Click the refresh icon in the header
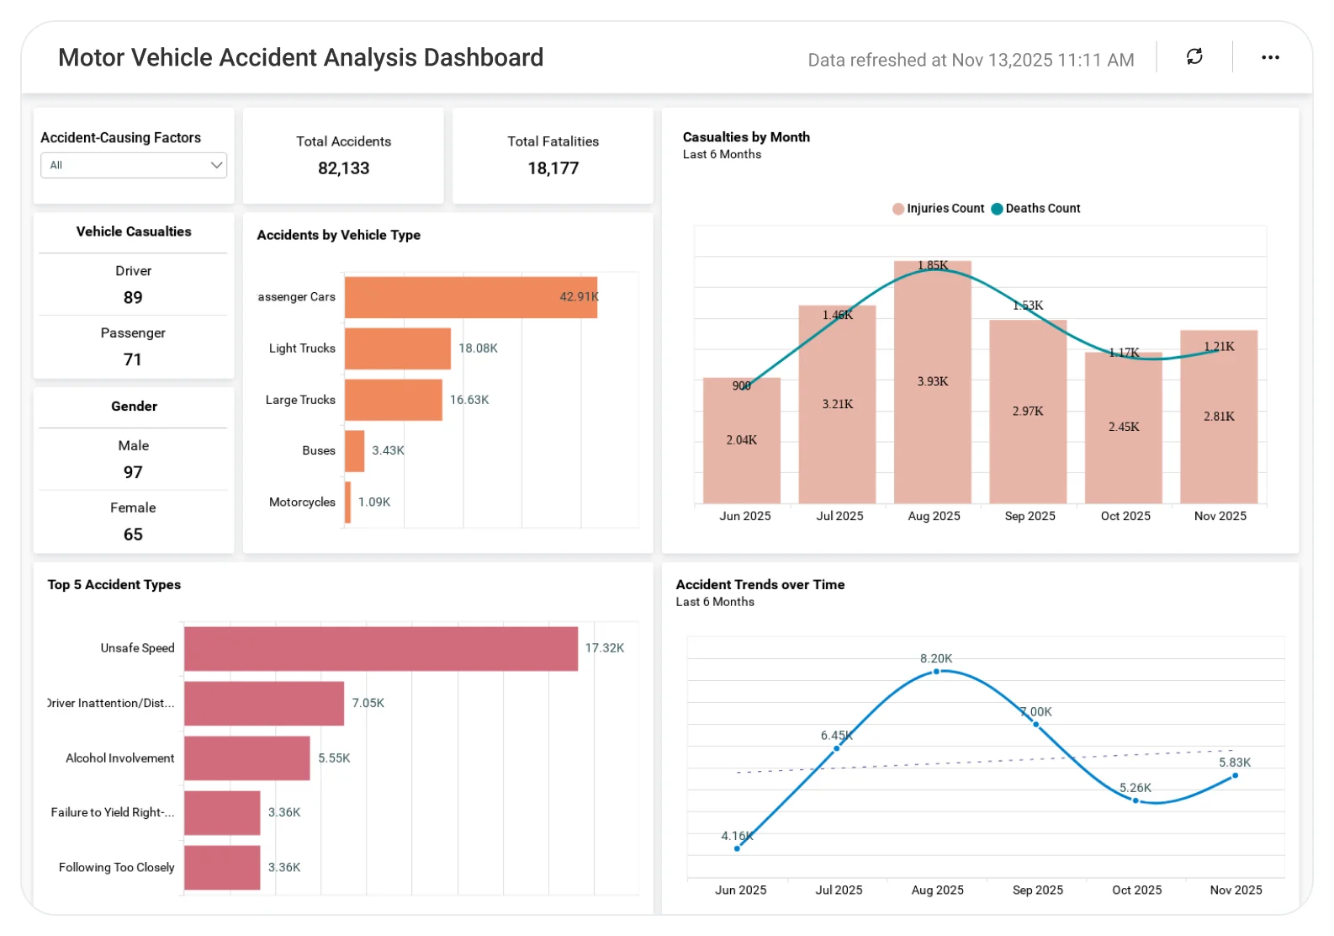click(x=1194, y=56)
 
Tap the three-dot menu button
click(x=1270, y=57)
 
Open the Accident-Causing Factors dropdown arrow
click(x=216, y=165)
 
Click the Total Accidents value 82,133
click(x=343, y=168)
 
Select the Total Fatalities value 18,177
click(x=553, y=168)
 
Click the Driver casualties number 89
click(x=133, y=297)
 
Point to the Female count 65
click(x=133, y=534)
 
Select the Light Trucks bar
click(x=397, y=348)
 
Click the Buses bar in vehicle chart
click(x=354, y=451)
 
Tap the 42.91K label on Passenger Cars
click(x=579, y=296)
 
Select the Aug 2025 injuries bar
click(x=932, y=421)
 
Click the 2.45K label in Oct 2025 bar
click(x=1124, y=427)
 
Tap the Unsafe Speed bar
click(x=380, y=648)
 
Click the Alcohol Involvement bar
click(x=246, y=758)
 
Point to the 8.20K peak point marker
click(x=936, y=672)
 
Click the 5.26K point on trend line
click(x=1135, y=800)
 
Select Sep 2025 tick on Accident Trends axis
click(x=1037, y=890)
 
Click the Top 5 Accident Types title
click(x=114, y=584)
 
